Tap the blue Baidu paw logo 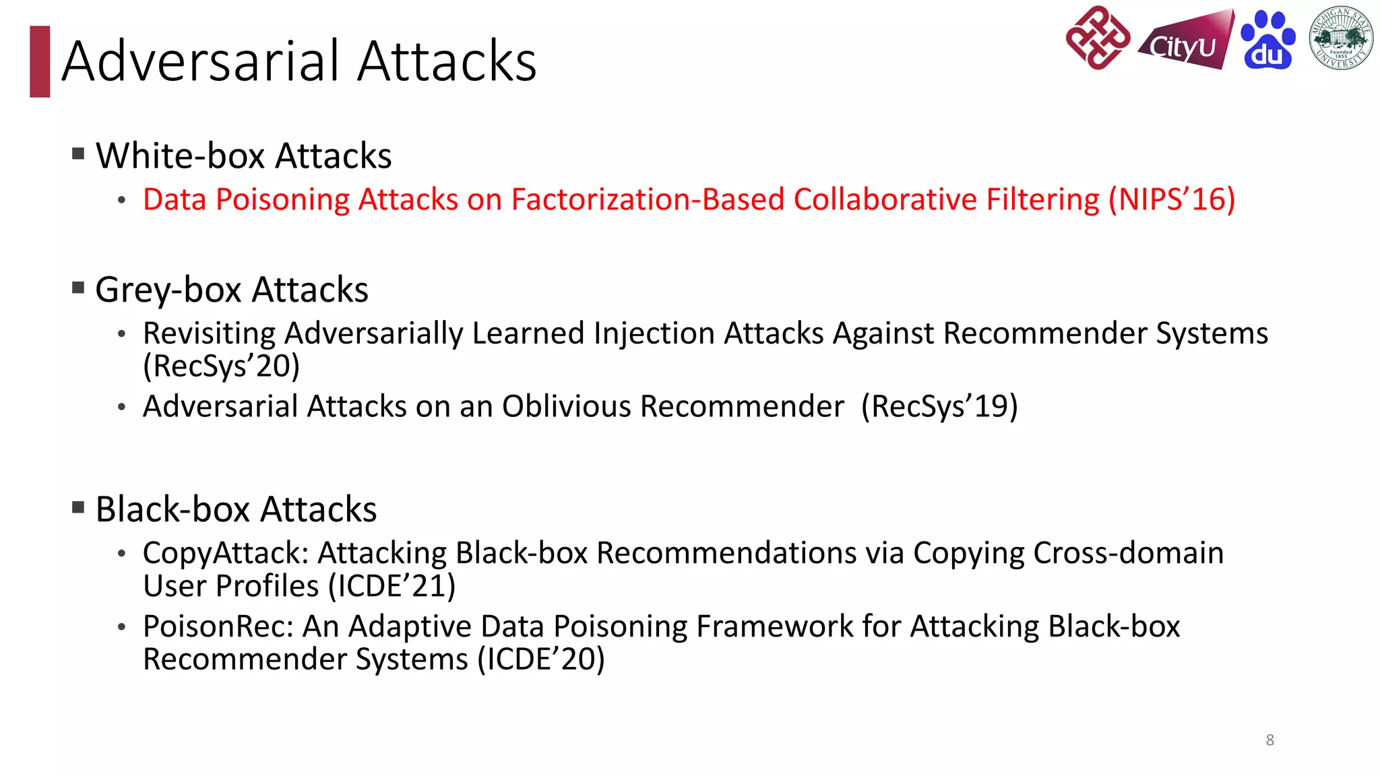click(x=1267, y=40)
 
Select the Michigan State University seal click(x=1340, y=38)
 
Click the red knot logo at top click(x=1098, y=38)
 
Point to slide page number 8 click(x=1269, y=740)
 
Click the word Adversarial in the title click(x=201, y=61)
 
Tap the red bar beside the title click(x=40, y=61)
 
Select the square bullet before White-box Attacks click(x=78, y=154)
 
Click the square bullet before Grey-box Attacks click(x=78, y=288)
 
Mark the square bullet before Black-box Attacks click(x=78, y=507)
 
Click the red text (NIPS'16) click(x=1172, y=199)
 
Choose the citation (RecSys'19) click(x=939, y=406)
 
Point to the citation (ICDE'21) click(x=391, y=586)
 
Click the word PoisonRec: click(x=218, y=626)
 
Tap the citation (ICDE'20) click(x=541, y=659)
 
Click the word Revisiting click(x=210, y=333)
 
